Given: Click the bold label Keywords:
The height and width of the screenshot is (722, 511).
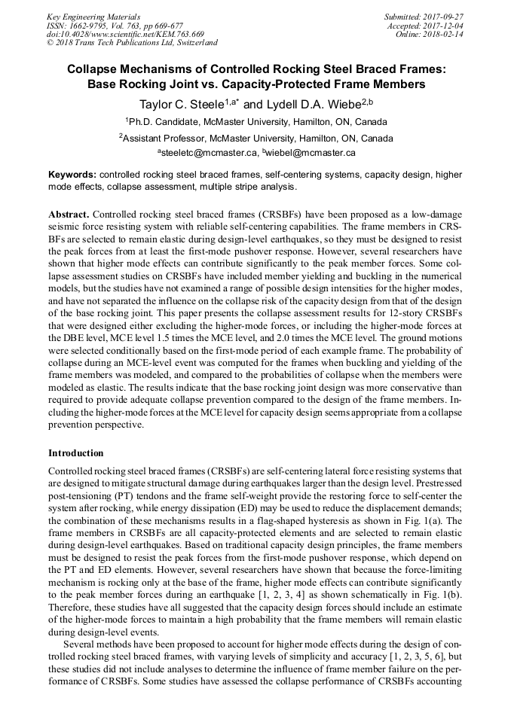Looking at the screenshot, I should point(72,174).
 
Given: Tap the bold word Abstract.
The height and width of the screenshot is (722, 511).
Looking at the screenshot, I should point(69,215).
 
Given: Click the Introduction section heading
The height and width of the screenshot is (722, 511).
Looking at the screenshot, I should point(76,453).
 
